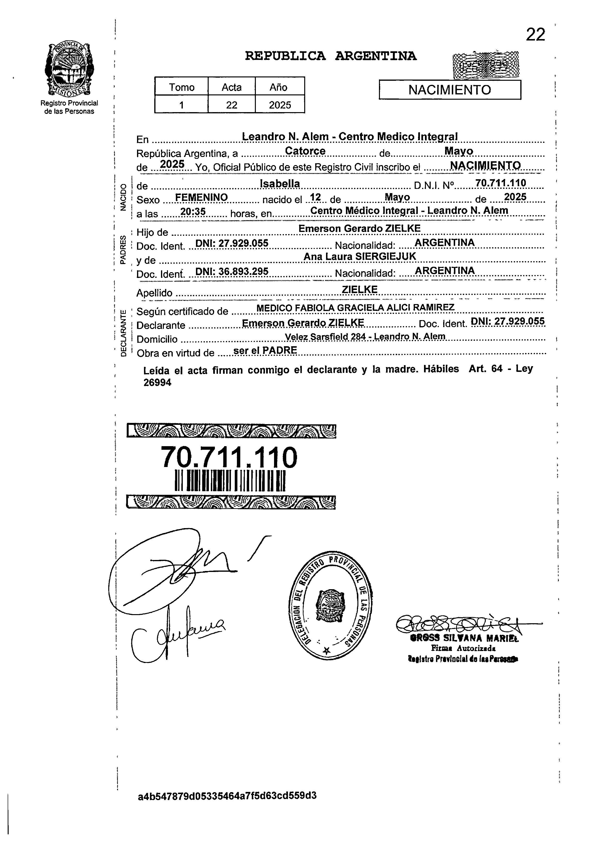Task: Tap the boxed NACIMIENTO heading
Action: click(450, 90)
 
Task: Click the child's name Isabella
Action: click(280, 184)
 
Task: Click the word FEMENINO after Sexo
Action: click(201, 197)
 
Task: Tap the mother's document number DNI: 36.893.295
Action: click(232, 271)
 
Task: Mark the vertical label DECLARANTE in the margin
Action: click(124, 333)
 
